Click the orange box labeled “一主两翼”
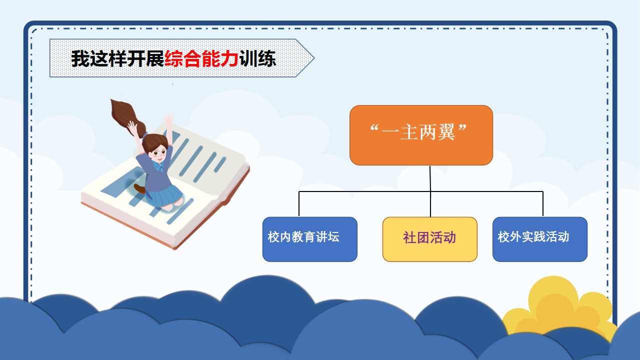click(421, 135)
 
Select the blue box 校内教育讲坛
click(309, 239)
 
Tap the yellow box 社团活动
click(429, 239)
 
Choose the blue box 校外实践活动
click(539, 239)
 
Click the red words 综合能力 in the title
click(201, 58)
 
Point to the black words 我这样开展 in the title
click(117, 58)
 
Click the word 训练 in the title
click(257, 58)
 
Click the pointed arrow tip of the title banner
click(314, 58)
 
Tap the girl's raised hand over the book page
click(168, 119)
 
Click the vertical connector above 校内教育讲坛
click(299, 203)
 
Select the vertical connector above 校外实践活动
click(543, 203)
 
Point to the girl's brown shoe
click(139, 188)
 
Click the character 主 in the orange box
click(409, 132)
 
